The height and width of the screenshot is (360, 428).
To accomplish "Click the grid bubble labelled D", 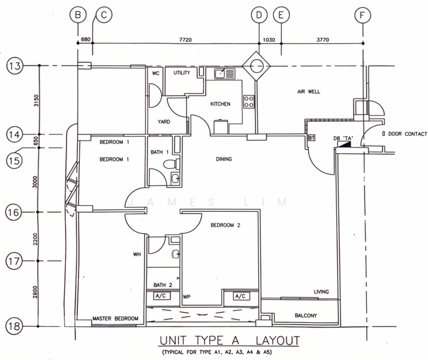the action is [259, 15].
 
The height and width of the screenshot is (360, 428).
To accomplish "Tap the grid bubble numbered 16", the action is [14, 212].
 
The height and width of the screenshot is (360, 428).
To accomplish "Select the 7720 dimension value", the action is [185, 40].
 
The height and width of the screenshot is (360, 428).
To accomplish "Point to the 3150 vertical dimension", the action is [37, 100].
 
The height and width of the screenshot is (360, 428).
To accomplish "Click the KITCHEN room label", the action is [220, 104].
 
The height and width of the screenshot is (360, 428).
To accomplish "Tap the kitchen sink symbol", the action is [224, 73].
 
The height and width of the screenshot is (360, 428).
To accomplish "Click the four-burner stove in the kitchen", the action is [249, 101].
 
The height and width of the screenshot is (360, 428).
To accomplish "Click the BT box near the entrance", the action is [312, 138].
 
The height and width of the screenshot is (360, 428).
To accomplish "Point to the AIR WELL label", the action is [309, 92].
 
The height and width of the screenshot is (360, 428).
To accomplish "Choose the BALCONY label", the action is [306, 316].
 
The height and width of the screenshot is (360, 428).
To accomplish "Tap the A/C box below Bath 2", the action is [161, 296].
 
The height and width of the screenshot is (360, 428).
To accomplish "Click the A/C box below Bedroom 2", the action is [240, 296].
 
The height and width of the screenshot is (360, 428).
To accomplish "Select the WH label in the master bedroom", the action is [137, 254].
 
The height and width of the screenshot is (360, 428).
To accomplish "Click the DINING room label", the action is [224, 159].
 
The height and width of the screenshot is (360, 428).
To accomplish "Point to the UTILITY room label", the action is [182, 73].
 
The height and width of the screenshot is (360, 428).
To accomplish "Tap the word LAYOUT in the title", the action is [278, 341].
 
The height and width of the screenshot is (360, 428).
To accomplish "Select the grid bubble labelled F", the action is [363, 15].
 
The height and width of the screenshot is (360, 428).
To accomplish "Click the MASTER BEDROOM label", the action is [115, 319].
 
